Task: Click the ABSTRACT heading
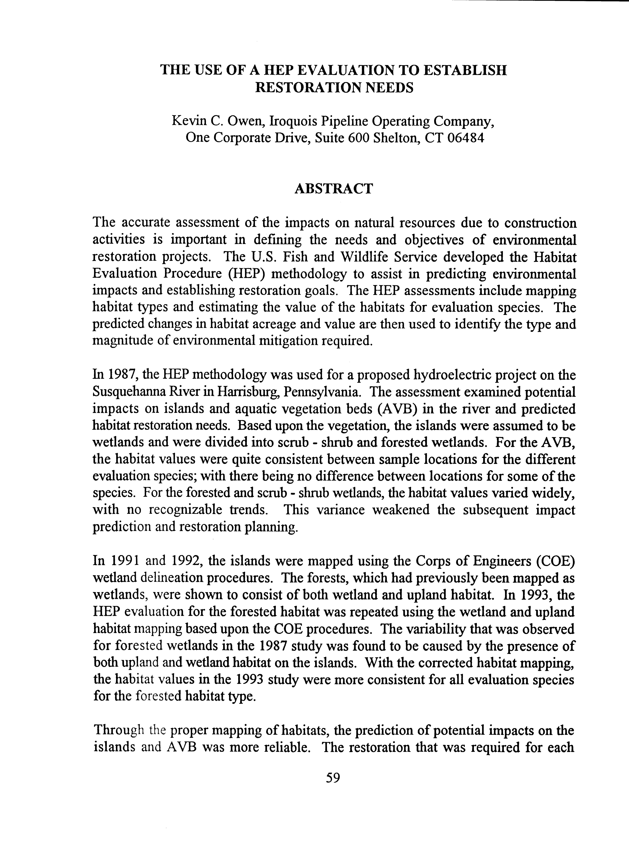coord(334,188)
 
